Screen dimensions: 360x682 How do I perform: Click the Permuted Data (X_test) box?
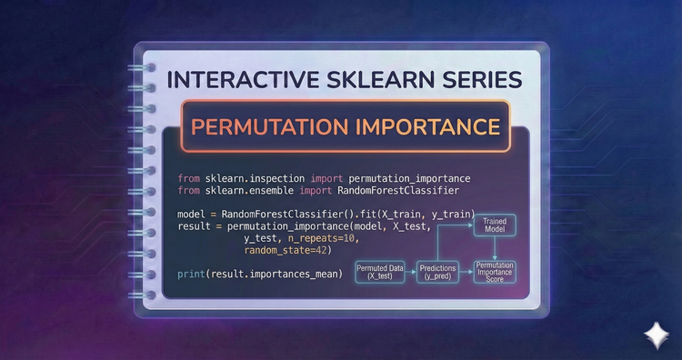(x=381, y=270)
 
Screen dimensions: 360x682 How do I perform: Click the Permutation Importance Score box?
(x=496, y=270)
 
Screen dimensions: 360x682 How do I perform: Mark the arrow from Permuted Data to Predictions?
(x=411, y=270)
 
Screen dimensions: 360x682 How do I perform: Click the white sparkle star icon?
(x=653, y=335)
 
